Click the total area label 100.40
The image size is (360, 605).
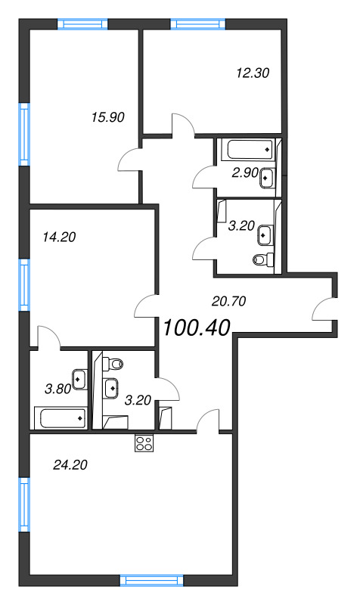click(197, 328)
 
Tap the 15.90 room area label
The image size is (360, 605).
click(108, 117)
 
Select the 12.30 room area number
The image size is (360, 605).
click(253, 73)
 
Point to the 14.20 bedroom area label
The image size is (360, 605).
click(59, 237)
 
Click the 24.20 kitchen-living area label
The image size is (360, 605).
click(70, 465)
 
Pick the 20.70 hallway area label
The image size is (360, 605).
click(229, 301)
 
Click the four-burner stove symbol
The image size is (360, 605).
click(144, 442)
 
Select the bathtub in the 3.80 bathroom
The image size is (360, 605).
click(61, 418)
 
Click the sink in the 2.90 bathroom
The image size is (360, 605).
click(268, 178)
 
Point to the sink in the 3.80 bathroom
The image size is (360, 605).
click(79, 380)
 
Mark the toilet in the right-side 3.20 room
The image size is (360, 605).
click(263, 259)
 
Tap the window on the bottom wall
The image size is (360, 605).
click(152, 581)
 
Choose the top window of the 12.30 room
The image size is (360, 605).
click(197, 24)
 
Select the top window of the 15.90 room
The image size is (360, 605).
click(82, 24)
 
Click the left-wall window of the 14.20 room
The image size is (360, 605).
click(24, 285)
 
